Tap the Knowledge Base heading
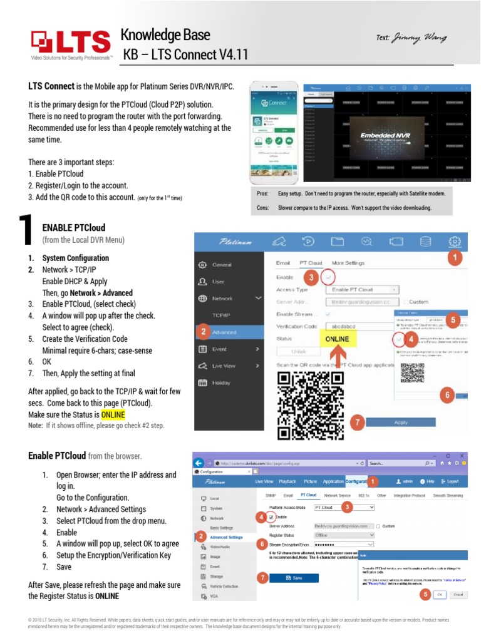tap(165, 35)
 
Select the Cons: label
tap(264, 207)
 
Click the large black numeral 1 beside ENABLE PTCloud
tap(25, 230)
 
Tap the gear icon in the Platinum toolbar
tap(455, 241)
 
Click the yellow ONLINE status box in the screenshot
tap(338, 339)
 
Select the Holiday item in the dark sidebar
tap(221, 382)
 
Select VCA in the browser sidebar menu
tap(214, 597)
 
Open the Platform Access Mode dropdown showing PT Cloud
tap(344, 506)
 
